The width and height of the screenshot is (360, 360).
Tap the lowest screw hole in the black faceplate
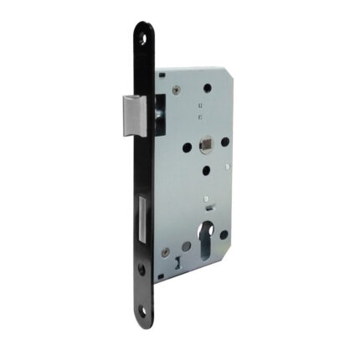click(x=143, y=311)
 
